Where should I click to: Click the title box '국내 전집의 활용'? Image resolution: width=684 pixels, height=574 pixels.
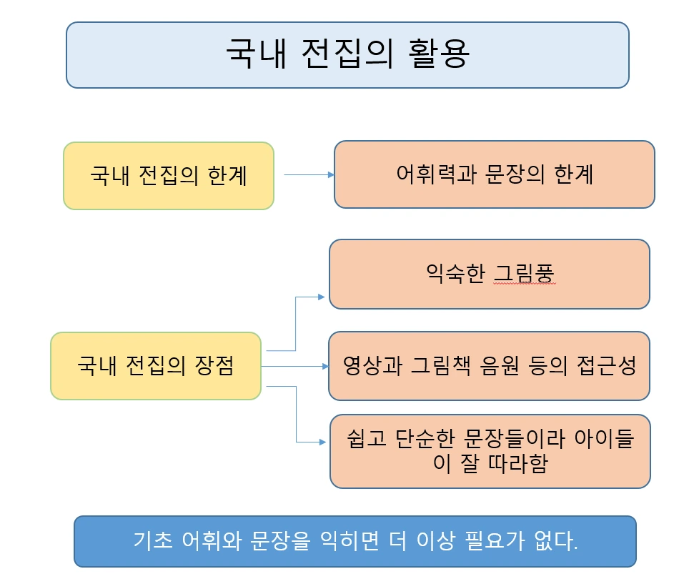tap(347, 55)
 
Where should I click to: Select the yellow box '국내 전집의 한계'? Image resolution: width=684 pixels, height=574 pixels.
tap(169, 176)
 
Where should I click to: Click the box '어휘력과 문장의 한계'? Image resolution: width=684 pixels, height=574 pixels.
tap(494, 175)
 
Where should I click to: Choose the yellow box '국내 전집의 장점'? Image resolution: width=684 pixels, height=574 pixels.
tap(156, 366)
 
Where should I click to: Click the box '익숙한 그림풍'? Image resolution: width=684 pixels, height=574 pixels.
tap(489, 274)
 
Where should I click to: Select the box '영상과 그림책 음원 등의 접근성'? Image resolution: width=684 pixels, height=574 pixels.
tap(489, 366)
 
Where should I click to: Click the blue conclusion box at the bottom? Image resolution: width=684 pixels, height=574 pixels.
tap(355, 541)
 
